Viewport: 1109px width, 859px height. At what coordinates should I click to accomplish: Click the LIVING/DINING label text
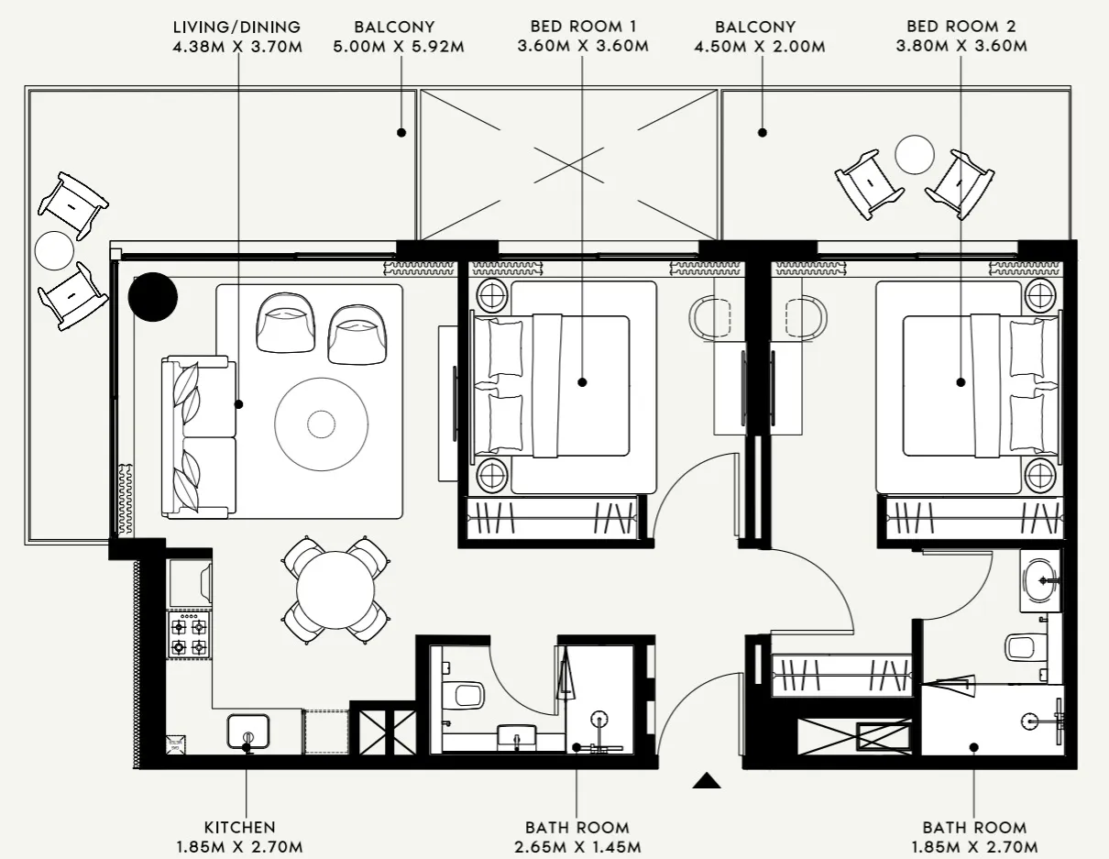[x=236, y=28]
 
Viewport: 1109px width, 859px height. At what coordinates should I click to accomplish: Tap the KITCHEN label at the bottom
[x=239, y=827]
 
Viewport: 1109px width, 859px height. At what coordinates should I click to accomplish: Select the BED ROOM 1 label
[x=583, y=28]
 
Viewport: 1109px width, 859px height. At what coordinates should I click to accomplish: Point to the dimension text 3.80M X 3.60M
[x=961, y=46]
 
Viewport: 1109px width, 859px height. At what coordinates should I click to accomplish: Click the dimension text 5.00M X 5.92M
[x=399, y=46]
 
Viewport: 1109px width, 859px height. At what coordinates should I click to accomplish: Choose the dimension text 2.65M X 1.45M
[x=576, y=846]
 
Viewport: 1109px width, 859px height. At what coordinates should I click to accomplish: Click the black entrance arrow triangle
[x=706, y=780]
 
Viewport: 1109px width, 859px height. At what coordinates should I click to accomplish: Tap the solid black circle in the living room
[x=152, y=296]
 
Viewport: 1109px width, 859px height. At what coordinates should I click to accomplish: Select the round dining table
[x=335, y=589]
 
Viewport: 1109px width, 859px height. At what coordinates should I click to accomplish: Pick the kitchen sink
[x=247, y=731]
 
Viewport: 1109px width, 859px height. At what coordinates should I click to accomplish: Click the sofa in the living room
[x=199, y=437]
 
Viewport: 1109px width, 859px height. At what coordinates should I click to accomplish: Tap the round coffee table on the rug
[x=321, y=424]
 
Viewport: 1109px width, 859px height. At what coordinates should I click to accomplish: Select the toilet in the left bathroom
[x=466, y=694]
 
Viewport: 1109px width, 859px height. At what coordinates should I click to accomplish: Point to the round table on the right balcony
[x=914, y=154]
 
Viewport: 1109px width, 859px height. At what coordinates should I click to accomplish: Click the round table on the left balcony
[x=54, y=249]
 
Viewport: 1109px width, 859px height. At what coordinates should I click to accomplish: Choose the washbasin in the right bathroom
[x=1041, y=579]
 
